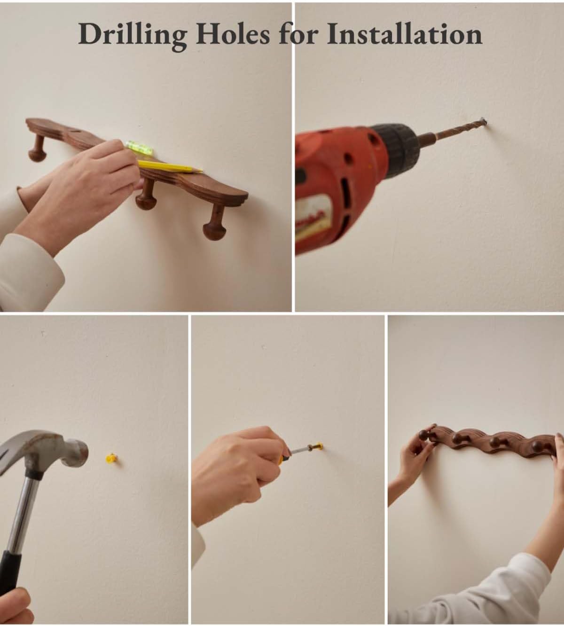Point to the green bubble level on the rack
(x=140, y=148)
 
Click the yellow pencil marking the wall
(x=170, y=166)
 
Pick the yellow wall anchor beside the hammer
(x=112, y=458)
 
